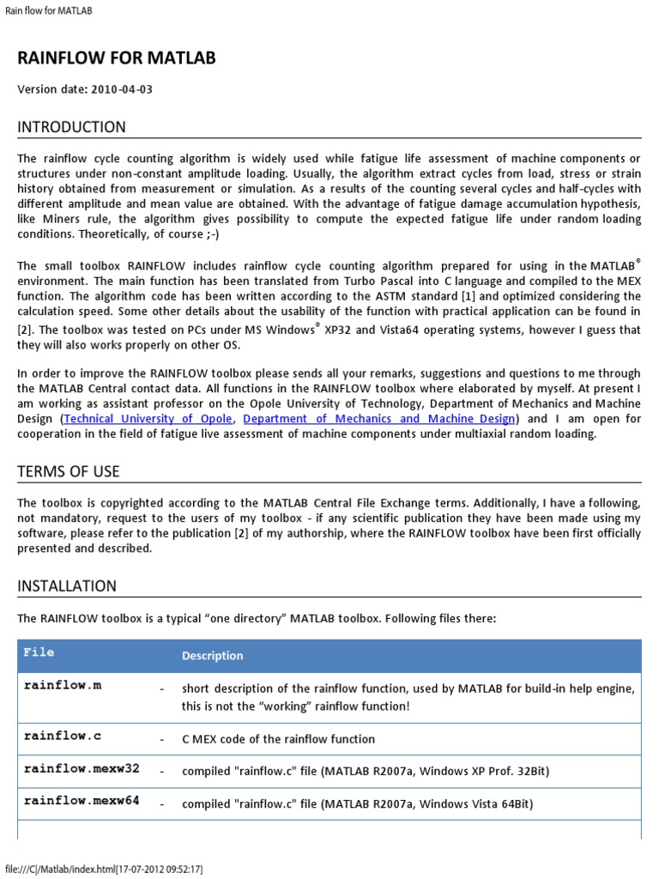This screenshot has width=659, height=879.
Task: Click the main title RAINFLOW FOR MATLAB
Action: click(x=117, y=58)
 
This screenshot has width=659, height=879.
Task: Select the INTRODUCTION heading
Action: click(x=71, y=127)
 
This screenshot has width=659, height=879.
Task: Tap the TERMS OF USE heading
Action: click(x=69, y=471)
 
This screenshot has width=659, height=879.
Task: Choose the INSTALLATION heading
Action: click(x=67, y=586)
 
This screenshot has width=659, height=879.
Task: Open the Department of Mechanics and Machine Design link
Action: click(x=380, y=419)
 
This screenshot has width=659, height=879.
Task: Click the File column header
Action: click(x=39, y=652)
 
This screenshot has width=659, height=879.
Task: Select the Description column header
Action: click(x=212, y=656)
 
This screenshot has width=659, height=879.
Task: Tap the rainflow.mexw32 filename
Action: click(x=82, y=768)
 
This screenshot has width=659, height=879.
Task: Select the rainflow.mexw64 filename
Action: click(x=82, y=801)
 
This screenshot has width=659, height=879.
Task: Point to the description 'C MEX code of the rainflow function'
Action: click(x=278, y=739)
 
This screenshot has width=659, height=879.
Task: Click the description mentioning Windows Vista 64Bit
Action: click(x=357, y=804)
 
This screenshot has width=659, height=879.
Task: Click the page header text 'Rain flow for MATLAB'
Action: click(x=48, y=11)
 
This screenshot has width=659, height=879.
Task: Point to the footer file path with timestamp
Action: click(x=104, y=869)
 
